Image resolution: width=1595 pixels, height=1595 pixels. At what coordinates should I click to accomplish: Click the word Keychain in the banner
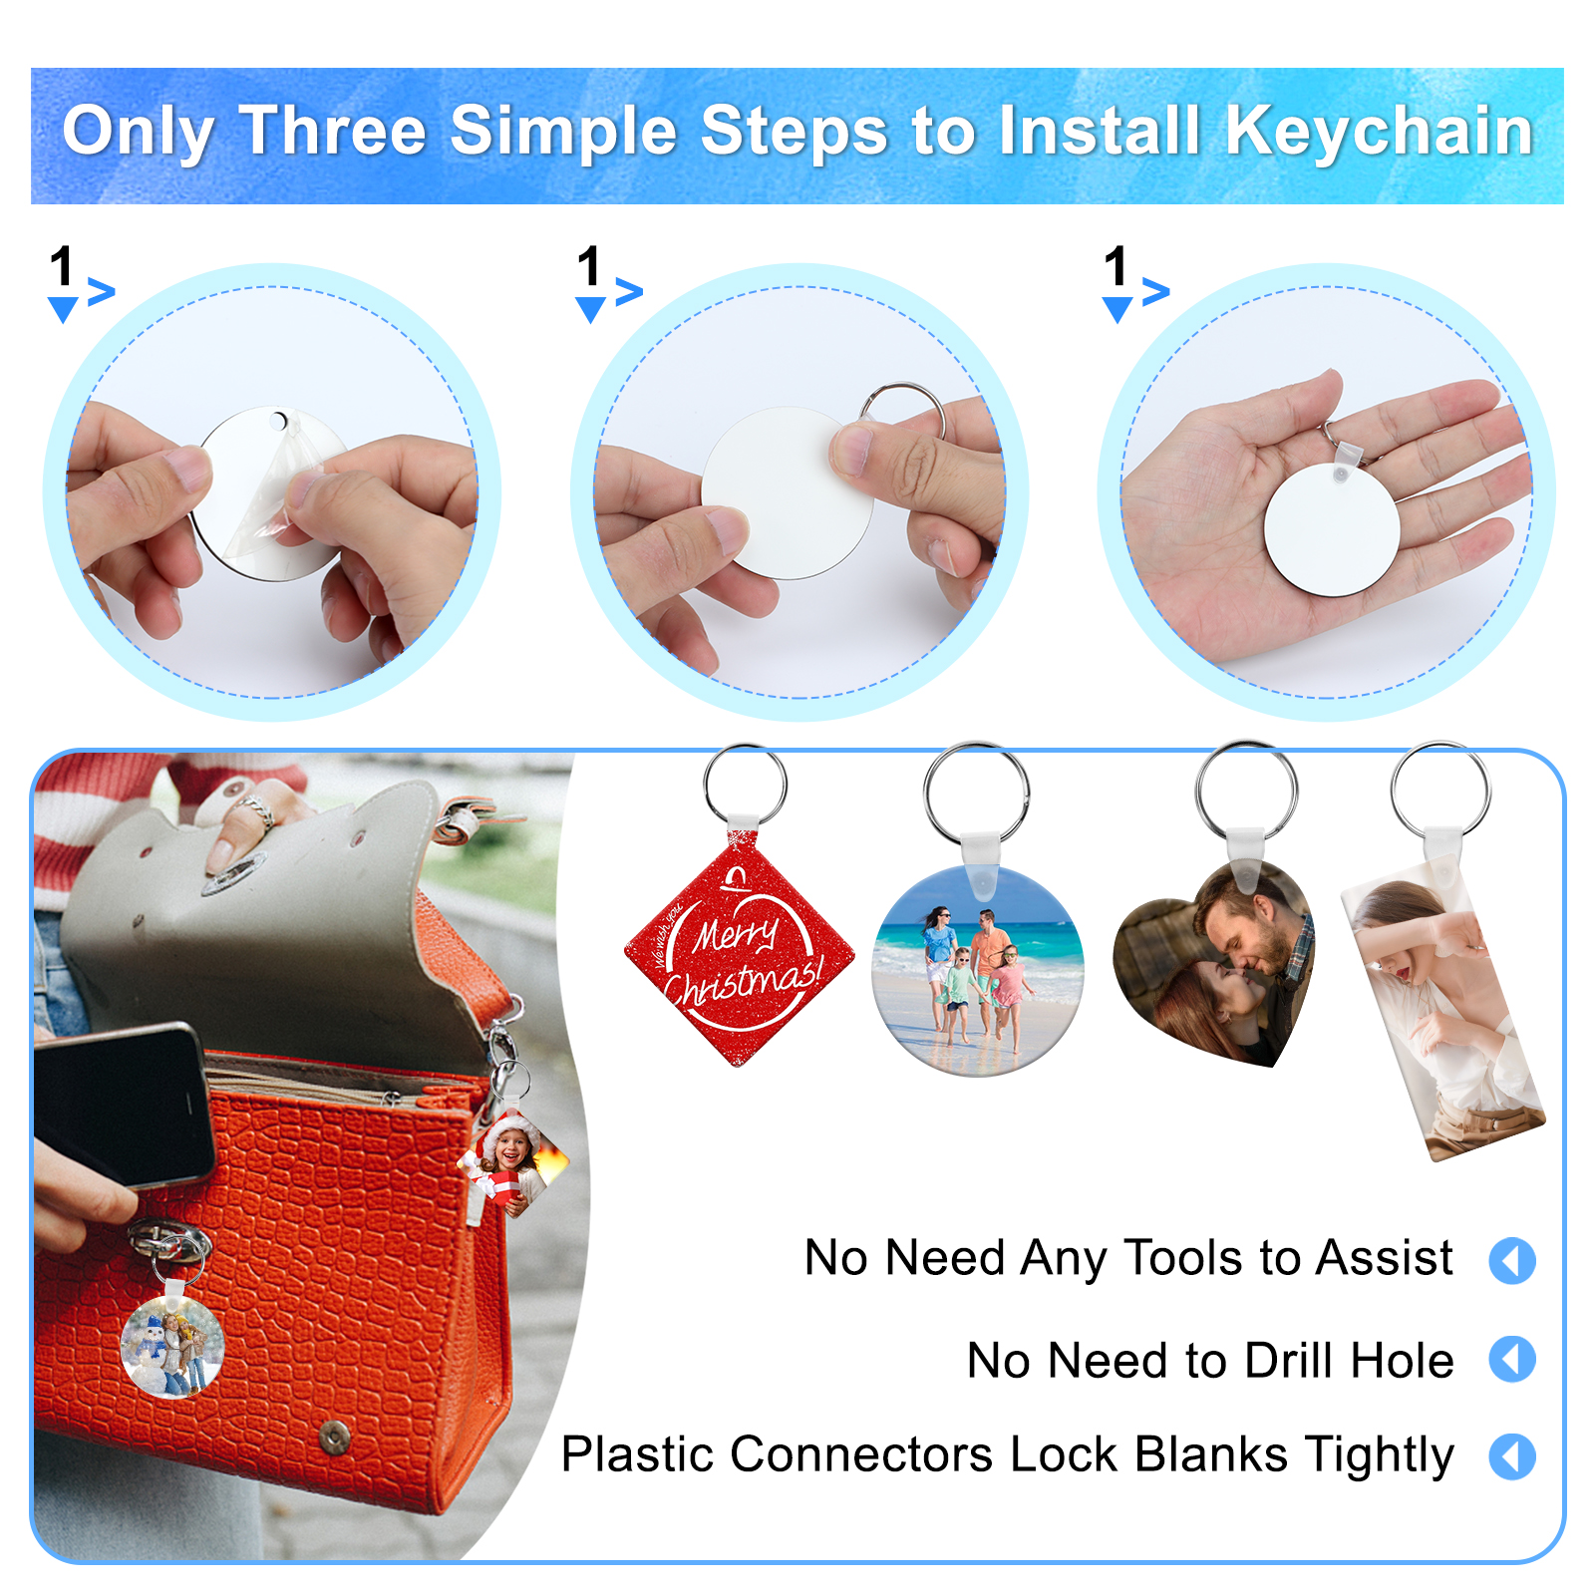[1379, 132]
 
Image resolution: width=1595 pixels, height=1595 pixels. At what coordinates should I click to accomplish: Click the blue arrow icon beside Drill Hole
[1512, 1359]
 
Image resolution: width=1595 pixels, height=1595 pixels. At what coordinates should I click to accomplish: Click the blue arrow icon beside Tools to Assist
[1512, 1260]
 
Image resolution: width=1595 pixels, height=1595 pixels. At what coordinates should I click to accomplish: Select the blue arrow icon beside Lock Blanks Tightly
[1512, 1456]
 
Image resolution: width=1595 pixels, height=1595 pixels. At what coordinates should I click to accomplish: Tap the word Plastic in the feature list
[637, 1454]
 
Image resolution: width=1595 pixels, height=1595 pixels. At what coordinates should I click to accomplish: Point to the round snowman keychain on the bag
[171, 1346]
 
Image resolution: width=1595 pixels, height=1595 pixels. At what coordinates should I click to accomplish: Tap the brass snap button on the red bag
[334, 1436]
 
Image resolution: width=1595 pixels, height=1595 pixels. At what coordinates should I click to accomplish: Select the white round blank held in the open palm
[1332, 529]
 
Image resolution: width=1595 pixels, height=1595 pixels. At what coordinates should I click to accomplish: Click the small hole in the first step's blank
[278, 420]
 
